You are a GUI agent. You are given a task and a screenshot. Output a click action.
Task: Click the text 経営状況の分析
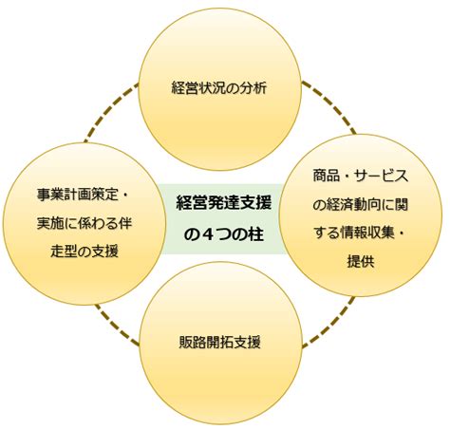point(219,88)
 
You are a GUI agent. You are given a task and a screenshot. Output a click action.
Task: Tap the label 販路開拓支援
point(219,342)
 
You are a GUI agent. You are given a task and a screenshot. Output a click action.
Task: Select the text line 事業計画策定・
point(83,195)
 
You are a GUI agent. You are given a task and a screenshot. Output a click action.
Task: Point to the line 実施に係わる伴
point(84,223)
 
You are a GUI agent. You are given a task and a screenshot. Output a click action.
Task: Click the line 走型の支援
point(84,252)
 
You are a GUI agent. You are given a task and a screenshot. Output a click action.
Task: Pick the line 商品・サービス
point(361,176)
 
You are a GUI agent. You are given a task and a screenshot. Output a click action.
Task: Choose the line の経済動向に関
point(361,204)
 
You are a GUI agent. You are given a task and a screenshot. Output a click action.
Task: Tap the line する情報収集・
point(359,233)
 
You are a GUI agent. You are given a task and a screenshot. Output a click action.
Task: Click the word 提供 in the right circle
point(361,261)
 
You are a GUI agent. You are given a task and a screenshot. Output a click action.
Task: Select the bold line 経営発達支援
point(223,203)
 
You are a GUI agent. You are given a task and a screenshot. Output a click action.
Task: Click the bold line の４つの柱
point(223,234)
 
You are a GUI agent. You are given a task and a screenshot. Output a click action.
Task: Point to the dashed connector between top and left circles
point(111,112)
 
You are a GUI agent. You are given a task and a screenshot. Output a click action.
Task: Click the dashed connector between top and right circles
point(329,107)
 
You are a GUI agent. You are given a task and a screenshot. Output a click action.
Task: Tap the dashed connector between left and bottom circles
point(117,325)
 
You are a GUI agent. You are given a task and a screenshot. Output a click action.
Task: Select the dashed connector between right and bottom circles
point(328,322)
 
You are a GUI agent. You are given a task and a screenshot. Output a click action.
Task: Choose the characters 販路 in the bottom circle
point(192,342)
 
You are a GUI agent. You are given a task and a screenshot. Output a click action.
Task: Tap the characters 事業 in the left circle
point(50,195)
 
